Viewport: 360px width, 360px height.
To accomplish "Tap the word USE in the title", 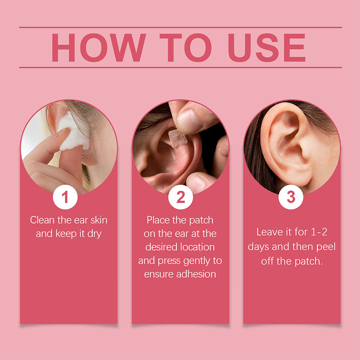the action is (x=266, y=48).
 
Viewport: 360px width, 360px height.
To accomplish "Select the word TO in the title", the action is (x=185, y=48).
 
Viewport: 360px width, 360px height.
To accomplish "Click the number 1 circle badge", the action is (x=65, y=197).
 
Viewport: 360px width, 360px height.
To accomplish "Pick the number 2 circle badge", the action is (x=180, y=197).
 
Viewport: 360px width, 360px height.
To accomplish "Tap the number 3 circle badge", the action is (x=291, y=197).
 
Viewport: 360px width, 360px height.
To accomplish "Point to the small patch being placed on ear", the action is (x=178, y=138).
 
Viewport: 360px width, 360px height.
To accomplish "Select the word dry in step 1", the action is (x=94, y=234).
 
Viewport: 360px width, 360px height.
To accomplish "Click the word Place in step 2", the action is (x=158, y=220).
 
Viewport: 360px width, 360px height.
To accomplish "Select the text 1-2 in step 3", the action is (x=319, y=232).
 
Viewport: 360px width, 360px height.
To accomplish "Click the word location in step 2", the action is (x=197, y=247).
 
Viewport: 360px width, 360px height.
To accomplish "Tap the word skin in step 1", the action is (x=99, y=220).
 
